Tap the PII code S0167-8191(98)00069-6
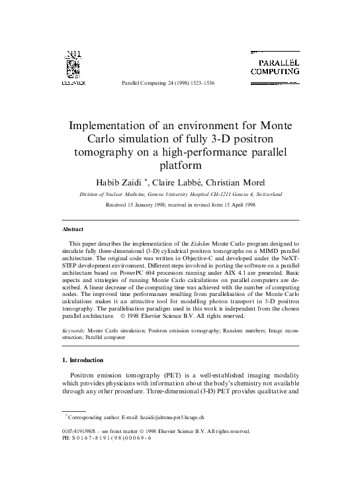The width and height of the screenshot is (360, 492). (112, 438)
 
